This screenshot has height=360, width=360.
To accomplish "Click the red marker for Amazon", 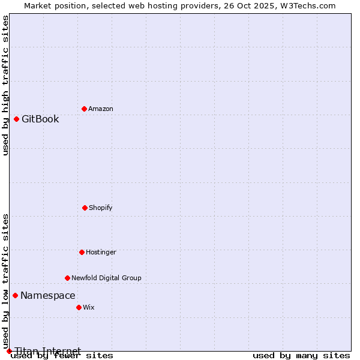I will tap(84, 109).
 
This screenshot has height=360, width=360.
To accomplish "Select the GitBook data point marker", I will tap(16, 119).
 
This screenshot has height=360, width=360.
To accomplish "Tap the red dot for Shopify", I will tap(85, 208).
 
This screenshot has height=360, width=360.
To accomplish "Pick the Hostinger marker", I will tap(82, 252).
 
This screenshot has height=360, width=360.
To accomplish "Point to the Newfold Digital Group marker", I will tap(67, 278).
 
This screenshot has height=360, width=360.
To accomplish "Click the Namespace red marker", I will tap(15, 295).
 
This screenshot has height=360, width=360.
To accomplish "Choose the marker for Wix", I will tap(79, 307).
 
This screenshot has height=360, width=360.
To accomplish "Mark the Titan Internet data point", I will tap(9, 351).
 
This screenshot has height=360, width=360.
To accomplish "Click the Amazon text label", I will tap(101, 109).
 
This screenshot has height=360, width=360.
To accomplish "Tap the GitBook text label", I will tap(40, 119).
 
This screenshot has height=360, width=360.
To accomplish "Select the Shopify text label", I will tap(101, 208).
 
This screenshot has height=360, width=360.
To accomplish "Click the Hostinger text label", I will tap(101, 252).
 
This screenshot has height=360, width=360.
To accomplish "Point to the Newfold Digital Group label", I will tap(106, 278).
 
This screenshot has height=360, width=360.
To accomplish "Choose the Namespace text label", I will tap(48, 295).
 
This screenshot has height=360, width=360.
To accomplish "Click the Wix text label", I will tap(89, 307).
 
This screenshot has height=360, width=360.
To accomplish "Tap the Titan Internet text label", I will tap(48, 351).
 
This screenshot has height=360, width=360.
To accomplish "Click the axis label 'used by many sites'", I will tap(301, 356).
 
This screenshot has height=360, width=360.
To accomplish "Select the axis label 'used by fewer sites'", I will tap(62, 356).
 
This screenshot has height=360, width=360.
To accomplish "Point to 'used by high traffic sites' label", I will tap(5, 85).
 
